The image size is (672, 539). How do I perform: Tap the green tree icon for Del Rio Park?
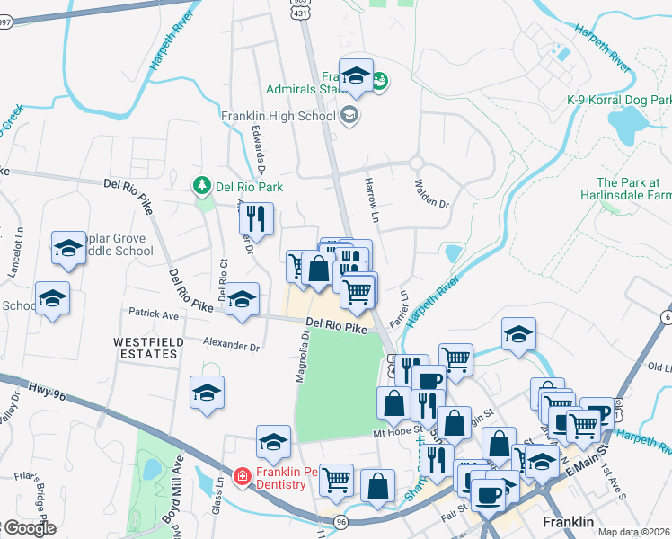(202, 186)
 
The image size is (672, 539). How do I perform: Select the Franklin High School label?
(278, 116)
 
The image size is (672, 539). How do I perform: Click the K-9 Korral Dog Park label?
(620, 99)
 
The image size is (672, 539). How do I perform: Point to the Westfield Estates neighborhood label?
(146, 348)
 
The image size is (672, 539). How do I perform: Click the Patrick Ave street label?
(154, 316)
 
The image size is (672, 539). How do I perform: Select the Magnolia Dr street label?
(305, 356)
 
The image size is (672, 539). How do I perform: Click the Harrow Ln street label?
(372, 195)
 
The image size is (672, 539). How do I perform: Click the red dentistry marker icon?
(242, 476)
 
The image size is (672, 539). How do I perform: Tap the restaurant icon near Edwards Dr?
(259, 220)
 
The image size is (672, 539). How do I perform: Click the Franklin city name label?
(569, 522)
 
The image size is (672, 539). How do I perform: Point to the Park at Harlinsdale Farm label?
(633, 188)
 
